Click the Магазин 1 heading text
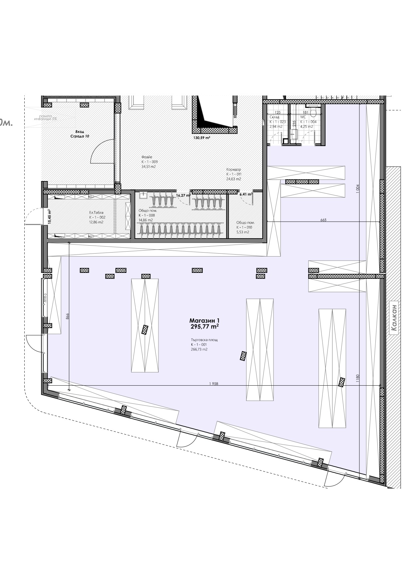coord(204,320)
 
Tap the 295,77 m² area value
coord(204,327)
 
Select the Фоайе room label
coord(147,157)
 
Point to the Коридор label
coord(234,169)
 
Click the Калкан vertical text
coord(394,317)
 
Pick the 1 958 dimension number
coord(214,384)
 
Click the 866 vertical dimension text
coord(68,316)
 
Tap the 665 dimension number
coord(323,220)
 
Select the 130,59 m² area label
coord(202,137)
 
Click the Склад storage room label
coord(274,117)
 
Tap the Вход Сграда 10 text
coord(80,134)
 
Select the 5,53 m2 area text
coord(243,232)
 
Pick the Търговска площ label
coord(204,340)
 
